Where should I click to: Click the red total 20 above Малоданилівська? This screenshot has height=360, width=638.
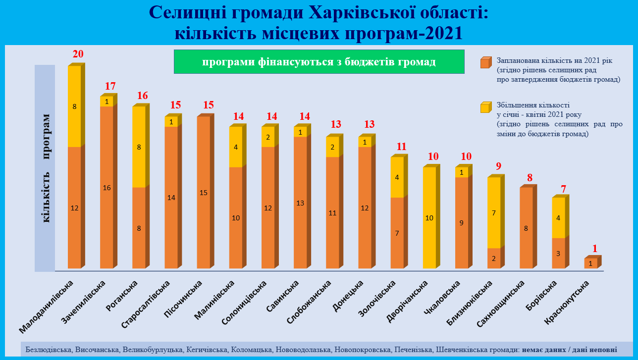coord(78,54)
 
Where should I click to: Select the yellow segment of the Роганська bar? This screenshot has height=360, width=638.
coord(139,147)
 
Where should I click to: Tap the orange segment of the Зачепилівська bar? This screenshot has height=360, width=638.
coord(106,187)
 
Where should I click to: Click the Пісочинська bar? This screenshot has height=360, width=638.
coord(203,193)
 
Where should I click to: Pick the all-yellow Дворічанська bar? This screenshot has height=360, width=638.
coord(429,218)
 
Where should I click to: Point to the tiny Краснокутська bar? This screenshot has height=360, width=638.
coord(590,263)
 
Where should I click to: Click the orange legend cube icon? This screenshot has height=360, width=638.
coord(485,62)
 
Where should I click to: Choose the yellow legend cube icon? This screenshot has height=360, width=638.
coord(485,107)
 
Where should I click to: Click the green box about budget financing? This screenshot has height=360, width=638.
coord(319,62)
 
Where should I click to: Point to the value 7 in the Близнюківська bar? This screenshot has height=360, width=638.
coord(494,213)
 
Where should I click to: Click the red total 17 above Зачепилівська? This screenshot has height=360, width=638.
coord(110,86)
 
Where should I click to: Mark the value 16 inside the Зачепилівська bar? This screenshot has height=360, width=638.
coord(106,188)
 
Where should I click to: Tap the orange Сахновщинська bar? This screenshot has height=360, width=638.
coord(526,228)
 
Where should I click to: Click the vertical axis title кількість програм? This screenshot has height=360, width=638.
coord(46,168)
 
